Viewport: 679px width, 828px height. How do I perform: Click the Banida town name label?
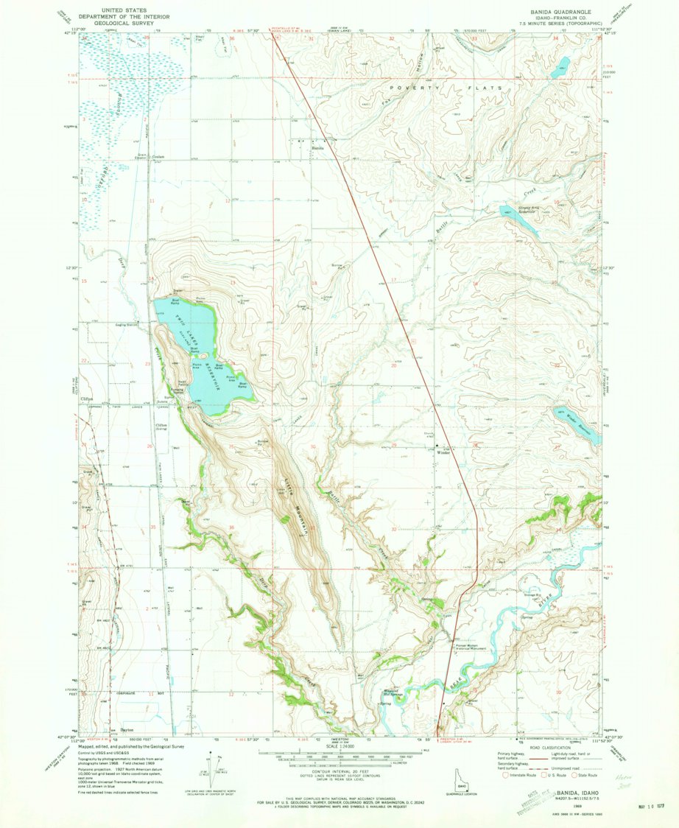tap(317, 148)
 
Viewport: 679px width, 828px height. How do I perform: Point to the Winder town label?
tap(443, 452)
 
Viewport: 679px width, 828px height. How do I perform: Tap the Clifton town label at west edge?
tap(86, 399)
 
